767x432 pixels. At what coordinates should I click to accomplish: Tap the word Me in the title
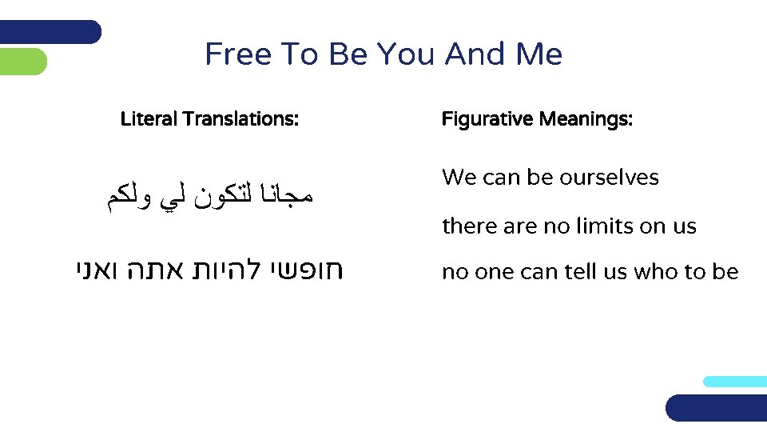(539, 54)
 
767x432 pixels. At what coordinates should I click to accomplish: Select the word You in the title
(406, 54)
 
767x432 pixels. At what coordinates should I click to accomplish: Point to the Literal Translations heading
(209, 120)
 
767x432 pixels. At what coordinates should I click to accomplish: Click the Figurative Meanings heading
(537, 120)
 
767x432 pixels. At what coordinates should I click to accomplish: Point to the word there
(470, 226)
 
